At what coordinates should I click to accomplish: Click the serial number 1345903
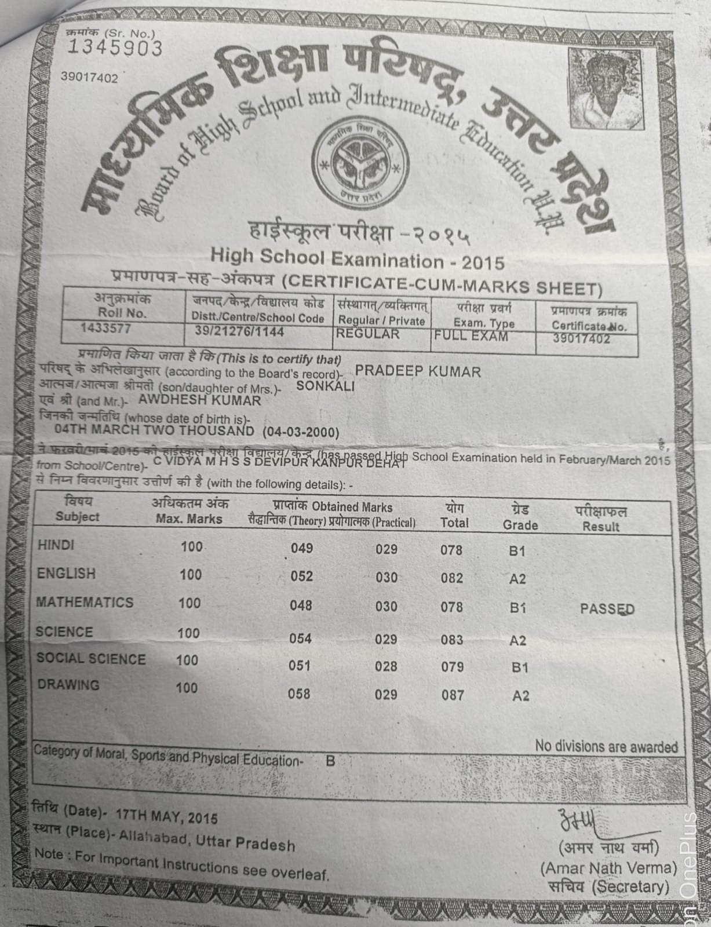115,48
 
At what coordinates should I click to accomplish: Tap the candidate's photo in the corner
606,89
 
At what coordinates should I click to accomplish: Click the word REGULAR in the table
368,334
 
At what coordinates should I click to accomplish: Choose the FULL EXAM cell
471,335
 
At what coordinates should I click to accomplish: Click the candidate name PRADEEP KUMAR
418,371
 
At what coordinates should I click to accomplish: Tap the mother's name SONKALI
325,386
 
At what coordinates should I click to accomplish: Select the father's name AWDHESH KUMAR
200,400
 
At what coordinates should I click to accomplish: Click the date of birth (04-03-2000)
301,433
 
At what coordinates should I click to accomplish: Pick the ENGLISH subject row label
66,574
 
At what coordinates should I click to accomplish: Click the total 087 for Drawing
453,694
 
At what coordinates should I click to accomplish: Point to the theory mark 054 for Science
301,638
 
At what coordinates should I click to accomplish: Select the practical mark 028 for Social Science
386,666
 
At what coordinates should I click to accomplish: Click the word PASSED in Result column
607,609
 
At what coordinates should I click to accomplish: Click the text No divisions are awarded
606,746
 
